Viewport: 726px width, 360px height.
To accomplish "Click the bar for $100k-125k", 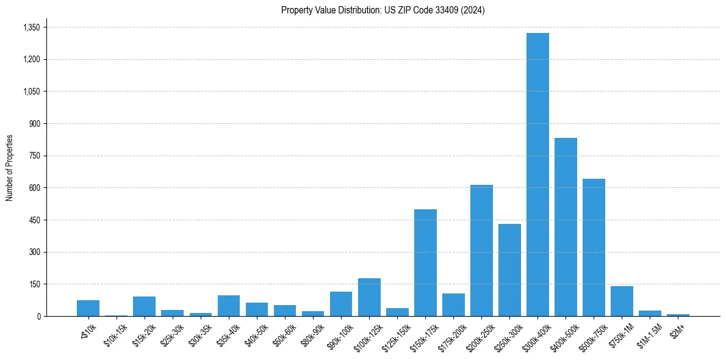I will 369,297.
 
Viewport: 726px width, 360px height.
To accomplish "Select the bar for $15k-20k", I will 144,306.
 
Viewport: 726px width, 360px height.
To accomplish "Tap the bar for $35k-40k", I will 228,306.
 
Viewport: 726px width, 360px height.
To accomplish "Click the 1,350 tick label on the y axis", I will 31,27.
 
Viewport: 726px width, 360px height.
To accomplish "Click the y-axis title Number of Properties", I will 10,167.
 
